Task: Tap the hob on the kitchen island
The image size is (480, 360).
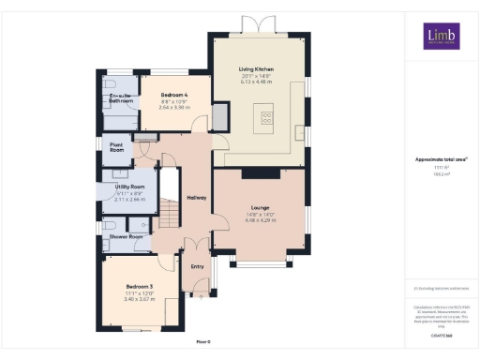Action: tap(266, 117)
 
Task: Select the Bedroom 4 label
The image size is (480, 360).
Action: tap(174, 96)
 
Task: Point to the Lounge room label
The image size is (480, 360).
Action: tap(260, 207)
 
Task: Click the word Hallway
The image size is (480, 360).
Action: tap(197, 198)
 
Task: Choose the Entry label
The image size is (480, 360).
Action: tap(197, 266)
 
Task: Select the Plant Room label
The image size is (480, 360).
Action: tap(117, 147)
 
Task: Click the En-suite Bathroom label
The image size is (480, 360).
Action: tap(121, 98)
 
